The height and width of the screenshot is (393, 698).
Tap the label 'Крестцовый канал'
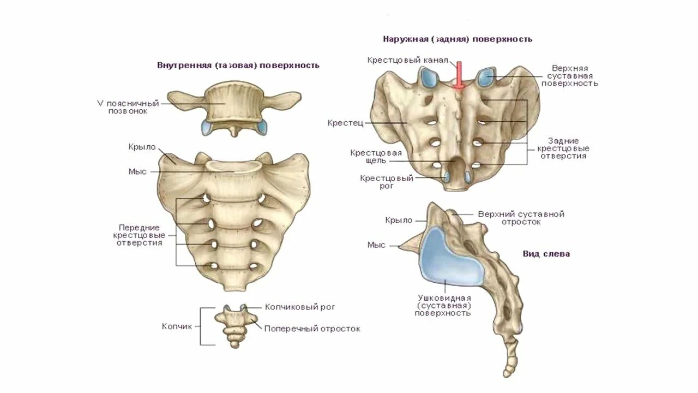tap(408, 59)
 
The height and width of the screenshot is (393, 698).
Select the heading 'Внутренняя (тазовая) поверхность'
tap(238, 65)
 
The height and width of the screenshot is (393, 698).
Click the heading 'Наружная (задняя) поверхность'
tap(458, 39)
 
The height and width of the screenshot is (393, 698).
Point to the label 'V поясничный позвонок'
tap(128, 107)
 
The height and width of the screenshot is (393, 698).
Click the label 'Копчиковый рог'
tap(300, 307)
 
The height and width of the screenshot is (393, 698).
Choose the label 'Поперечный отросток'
tap(312, 329)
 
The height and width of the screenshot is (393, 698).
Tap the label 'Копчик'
tap(177, 326)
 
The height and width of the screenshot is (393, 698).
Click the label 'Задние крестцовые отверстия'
tap(563, 148)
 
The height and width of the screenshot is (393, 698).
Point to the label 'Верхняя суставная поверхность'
tap(573, 76)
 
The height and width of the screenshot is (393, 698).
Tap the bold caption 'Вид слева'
tap(546, 254)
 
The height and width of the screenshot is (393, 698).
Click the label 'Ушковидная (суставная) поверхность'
tap(444, 305)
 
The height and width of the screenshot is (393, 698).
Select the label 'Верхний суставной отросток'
tap(521, 218)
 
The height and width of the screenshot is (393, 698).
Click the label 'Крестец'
tap(342, 123)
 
